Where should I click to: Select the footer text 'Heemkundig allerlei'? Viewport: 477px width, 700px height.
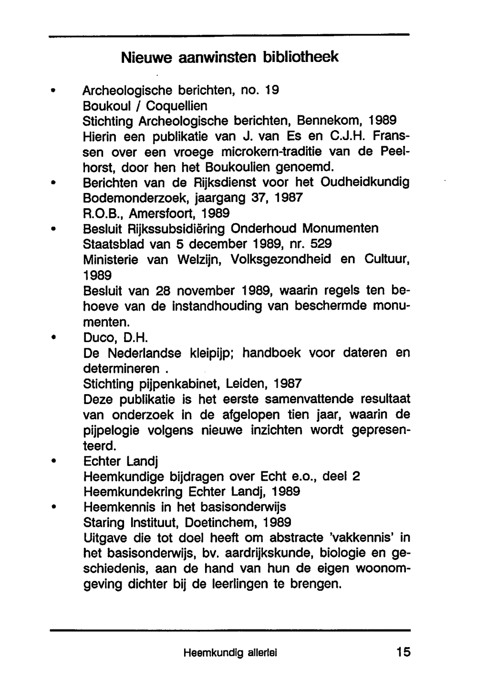(230, 653)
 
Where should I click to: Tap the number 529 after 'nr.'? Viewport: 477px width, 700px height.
(321, 243)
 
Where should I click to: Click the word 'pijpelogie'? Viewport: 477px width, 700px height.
(111, 430)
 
